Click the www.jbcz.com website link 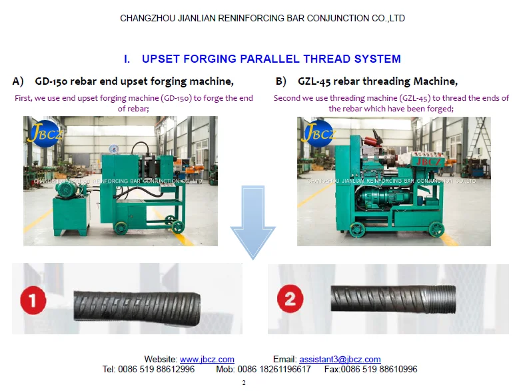(207, 359)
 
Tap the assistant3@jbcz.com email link (340, 359)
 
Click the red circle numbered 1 (33, 299)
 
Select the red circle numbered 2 (290, 298)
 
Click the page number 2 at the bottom (244, 383)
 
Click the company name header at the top (262, 18)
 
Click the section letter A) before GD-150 (18, 81)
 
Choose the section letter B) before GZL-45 (281, 81)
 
